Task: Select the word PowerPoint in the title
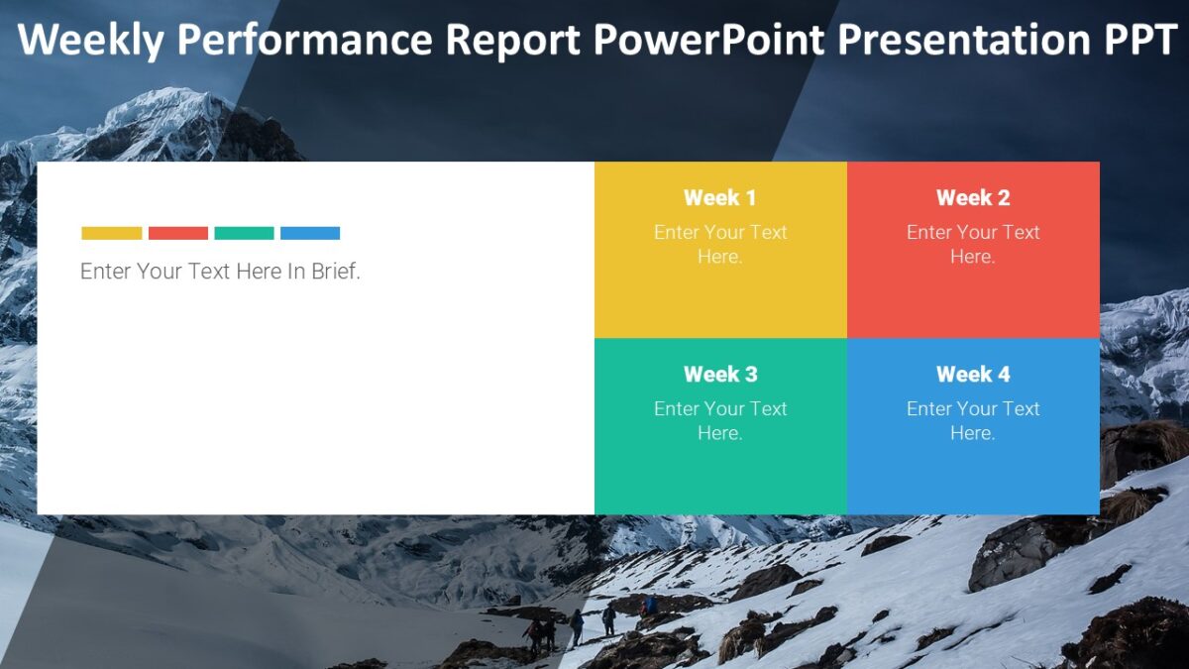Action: (709, 41)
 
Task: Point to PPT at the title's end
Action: (1139, 41)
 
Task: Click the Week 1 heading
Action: (720, 198)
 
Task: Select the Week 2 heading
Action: (973, 198)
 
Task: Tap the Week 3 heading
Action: (720, 375)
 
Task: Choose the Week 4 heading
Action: (973, 375)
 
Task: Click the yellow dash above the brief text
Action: (112, 234)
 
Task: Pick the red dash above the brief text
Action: (178, 234)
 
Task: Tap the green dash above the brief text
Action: (244, 234)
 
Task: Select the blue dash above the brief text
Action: (310, 234)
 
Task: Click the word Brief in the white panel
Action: (335, 272)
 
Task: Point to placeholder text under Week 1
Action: (720, 244)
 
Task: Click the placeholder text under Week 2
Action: (973, 244)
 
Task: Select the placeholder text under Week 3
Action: (720, 420)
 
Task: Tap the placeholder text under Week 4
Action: (973, 420)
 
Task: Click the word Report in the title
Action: (513, 41)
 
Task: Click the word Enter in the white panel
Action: (105, 272)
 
